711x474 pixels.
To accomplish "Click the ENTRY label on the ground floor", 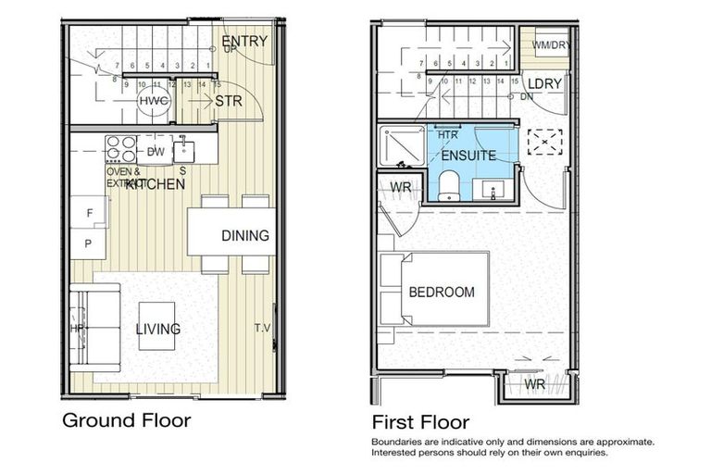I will click(244, 41).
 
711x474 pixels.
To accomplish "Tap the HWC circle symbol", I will click(152, 101).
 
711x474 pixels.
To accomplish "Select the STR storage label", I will click(228, 101).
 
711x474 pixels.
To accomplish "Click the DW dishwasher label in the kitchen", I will click(156, 152).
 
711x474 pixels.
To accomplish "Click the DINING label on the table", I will click(244, 235).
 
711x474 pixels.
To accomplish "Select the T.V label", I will click(263, 328).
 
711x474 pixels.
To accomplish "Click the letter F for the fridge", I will click(89, 212).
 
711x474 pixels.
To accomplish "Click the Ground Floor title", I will click(126, 420).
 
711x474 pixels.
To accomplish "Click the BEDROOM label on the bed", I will click(442, 292).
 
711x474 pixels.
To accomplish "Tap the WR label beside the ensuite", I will click(400, 188).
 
